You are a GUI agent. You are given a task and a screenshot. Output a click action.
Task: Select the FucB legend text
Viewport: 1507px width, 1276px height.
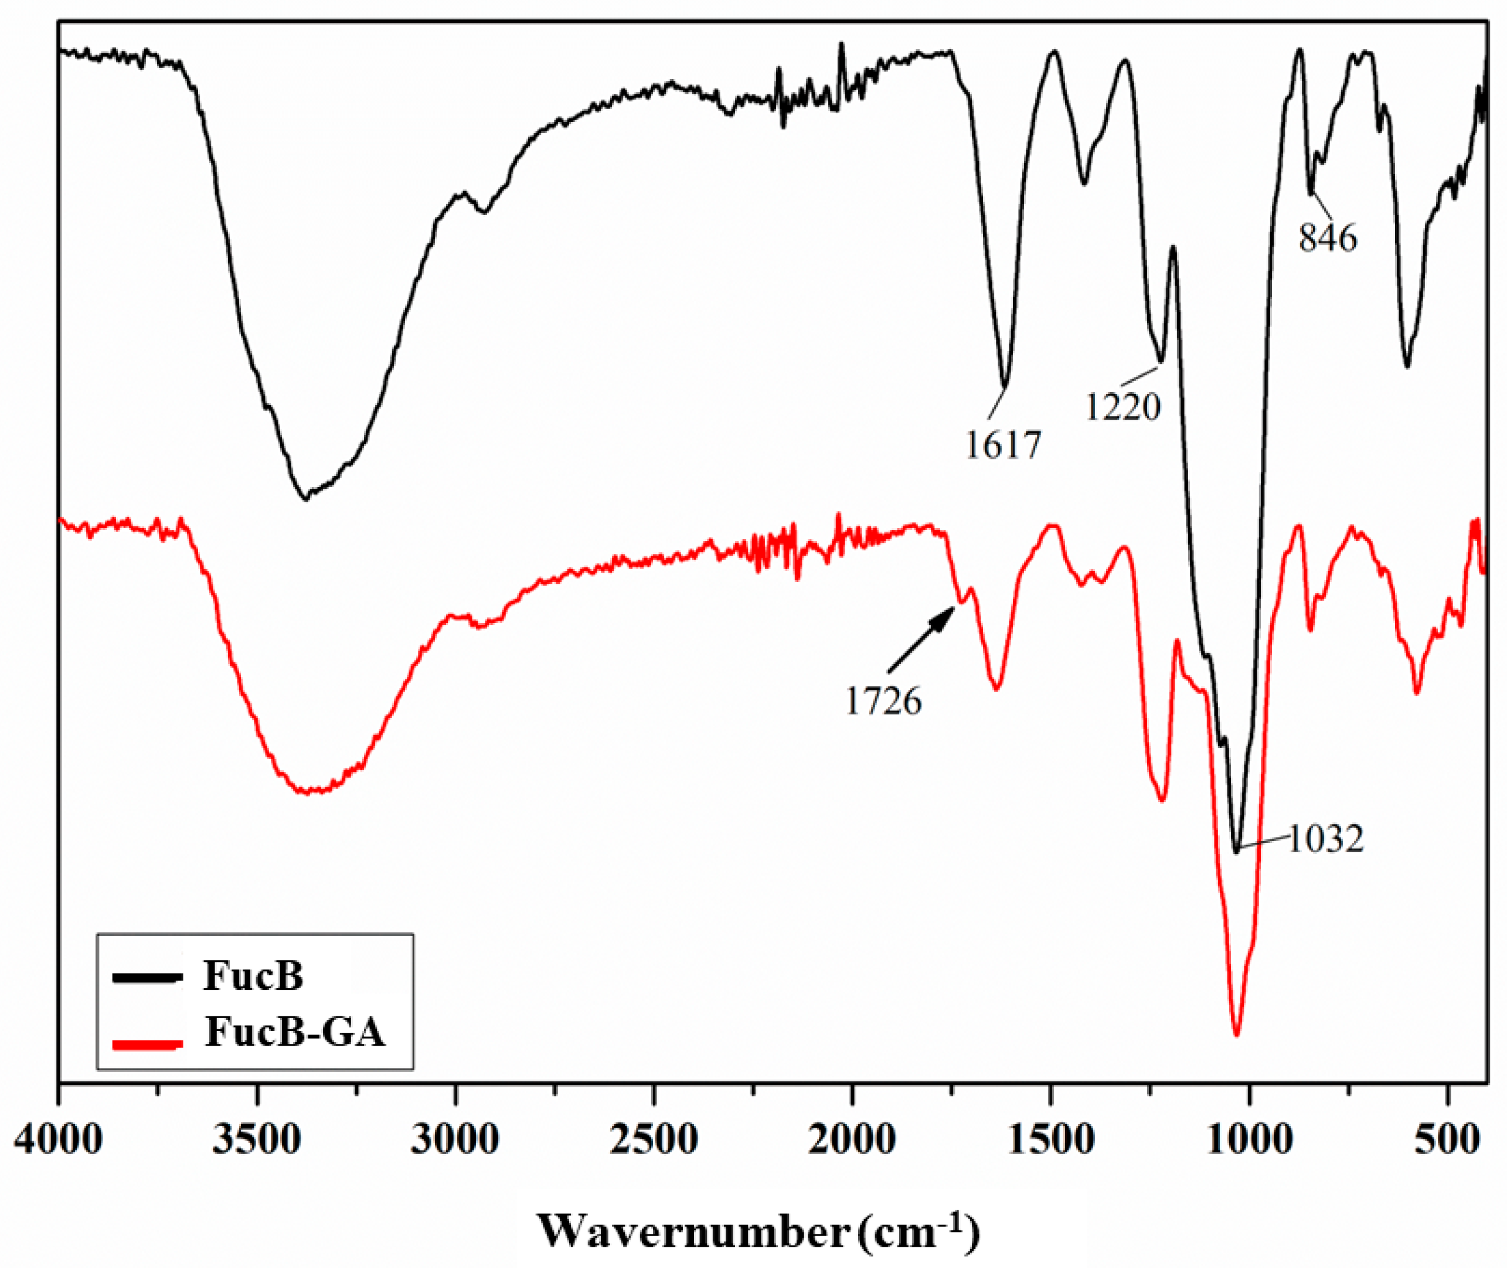pyautogui.click(x=253, y=976)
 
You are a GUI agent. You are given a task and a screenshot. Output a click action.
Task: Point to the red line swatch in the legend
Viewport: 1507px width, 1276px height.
pyautogui.click(x=147, y=1044)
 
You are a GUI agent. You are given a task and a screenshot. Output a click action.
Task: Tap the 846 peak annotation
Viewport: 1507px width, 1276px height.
pyautogui.click(x=1328, y=238)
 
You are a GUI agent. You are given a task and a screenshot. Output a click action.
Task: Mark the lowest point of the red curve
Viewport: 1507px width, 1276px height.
pyautogui.click(x=1236, y=1035)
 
